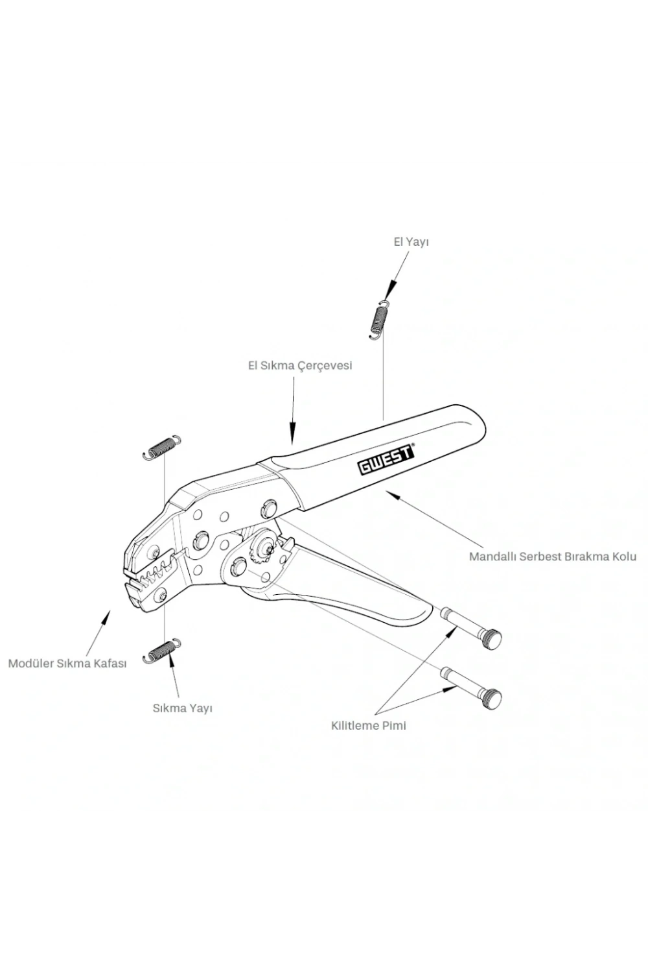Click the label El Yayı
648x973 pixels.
coord(411,243)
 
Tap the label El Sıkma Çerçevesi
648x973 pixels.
coord(300,366)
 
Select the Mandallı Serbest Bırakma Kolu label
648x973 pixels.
coord(553,557)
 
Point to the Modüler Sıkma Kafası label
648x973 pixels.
coord(67,664)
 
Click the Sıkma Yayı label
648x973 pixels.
coord(182,708)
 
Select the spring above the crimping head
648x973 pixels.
coord(161,446)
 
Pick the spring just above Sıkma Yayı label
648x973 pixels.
coord(161,651)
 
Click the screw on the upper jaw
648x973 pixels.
coord(154,553)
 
